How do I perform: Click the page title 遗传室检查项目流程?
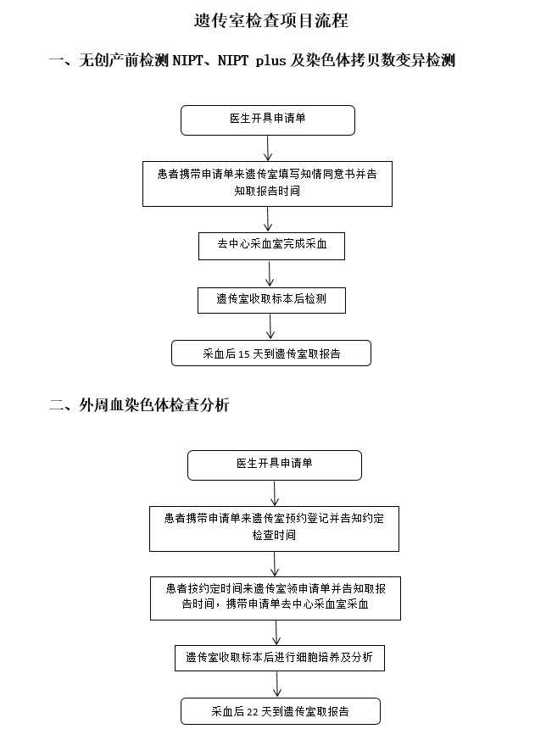point(270,20)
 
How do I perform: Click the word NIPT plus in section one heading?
point(252,60)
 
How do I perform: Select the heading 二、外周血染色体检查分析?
point(139,405)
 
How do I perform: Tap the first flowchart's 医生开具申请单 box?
point(268,120)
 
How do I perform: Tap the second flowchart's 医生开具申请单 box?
point(275,465)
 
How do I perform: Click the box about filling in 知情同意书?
point(268,184)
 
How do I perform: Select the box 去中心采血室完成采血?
point(271,246)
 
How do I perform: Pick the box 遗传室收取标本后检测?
point(271,300)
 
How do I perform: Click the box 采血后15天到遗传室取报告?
point(271,353)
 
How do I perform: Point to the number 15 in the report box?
point(244,354)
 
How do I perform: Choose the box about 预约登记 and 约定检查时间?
point(274,529)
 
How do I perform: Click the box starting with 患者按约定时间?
point(276,598)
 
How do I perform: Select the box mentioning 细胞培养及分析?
point(280,658)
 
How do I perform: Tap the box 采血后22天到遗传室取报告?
point(281,711)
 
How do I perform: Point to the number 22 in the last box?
point(253,712)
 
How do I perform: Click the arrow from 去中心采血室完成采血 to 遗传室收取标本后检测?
point(270,273)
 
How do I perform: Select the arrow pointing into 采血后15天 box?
point(270,326)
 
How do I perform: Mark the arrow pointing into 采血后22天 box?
point(277,684)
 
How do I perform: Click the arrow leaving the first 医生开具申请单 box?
point(268,148)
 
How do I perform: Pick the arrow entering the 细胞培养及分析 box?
point(276,632)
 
